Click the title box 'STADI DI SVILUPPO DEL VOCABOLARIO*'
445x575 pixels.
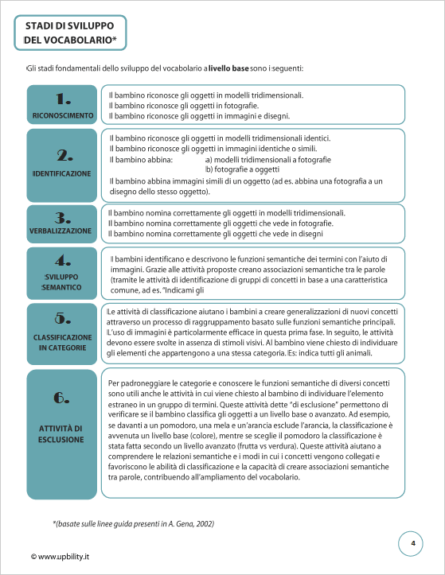[71, 33]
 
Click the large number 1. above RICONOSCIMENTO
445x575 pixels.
[63, 99]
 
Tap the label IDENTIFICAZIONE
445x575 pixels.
[62, 173]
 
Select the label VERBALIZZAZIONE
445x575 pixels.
[62, 230]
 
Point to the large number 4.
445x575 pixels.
[63, 260]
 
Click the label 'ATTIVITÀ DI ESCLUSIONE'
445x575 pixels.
[62, 433]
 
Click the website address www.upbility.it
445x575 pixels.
[61, 556]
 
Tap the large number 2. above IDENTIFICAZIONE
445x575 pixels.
[63, 155]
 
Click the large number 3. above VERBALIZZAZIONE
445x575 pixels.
[63, 217]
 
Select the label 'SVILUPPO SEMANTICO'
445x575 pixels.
[62, 282]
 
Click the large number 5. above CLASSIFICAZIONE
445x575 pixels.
[63, 318]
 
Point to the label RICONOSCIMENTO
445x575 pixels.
[62, 116]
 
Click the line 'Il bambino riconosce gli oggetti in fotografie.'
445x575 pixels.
[184, 105]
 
